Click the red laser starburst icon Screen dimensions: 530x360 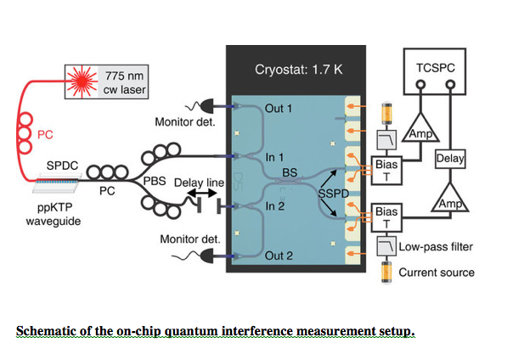tap(82, 82)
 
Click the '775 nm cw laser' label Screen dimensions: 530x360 tap(124, 82)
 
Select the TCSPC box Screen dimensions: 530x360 tap(435, 71)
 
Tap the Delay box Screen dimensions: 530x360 tap(450, 159)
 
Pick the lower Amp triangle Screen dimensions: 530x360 tap(450, 200)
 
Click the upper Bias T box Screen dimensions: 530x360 tap(386, 171)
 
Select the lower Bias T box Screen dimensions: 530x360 tap(386, 217)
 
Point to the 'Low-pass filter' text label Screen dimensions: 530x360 tap(436, 247)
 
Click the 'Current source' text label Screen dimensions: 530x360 tap(437, 273)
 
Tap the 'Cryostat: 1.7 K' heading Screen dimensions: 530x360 tap(298, 70)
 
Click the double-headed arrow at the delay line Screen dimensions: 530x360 tap(202, 194)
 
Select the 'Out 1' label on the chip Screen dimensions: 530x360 tap(279, 109)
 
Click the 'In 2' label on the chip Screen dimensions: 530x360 tap(275, 206)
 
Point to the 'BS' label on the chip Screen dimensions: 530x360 tap(290, 172)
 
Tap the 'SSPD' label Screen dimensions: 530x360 tap(334, 194)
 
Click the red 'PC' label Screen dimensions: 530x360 tap(45, 135)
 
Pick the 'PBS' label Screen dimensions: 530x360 tap(155, 181)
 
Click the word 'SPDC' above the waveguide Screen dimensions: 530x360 tap(62, 166)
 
